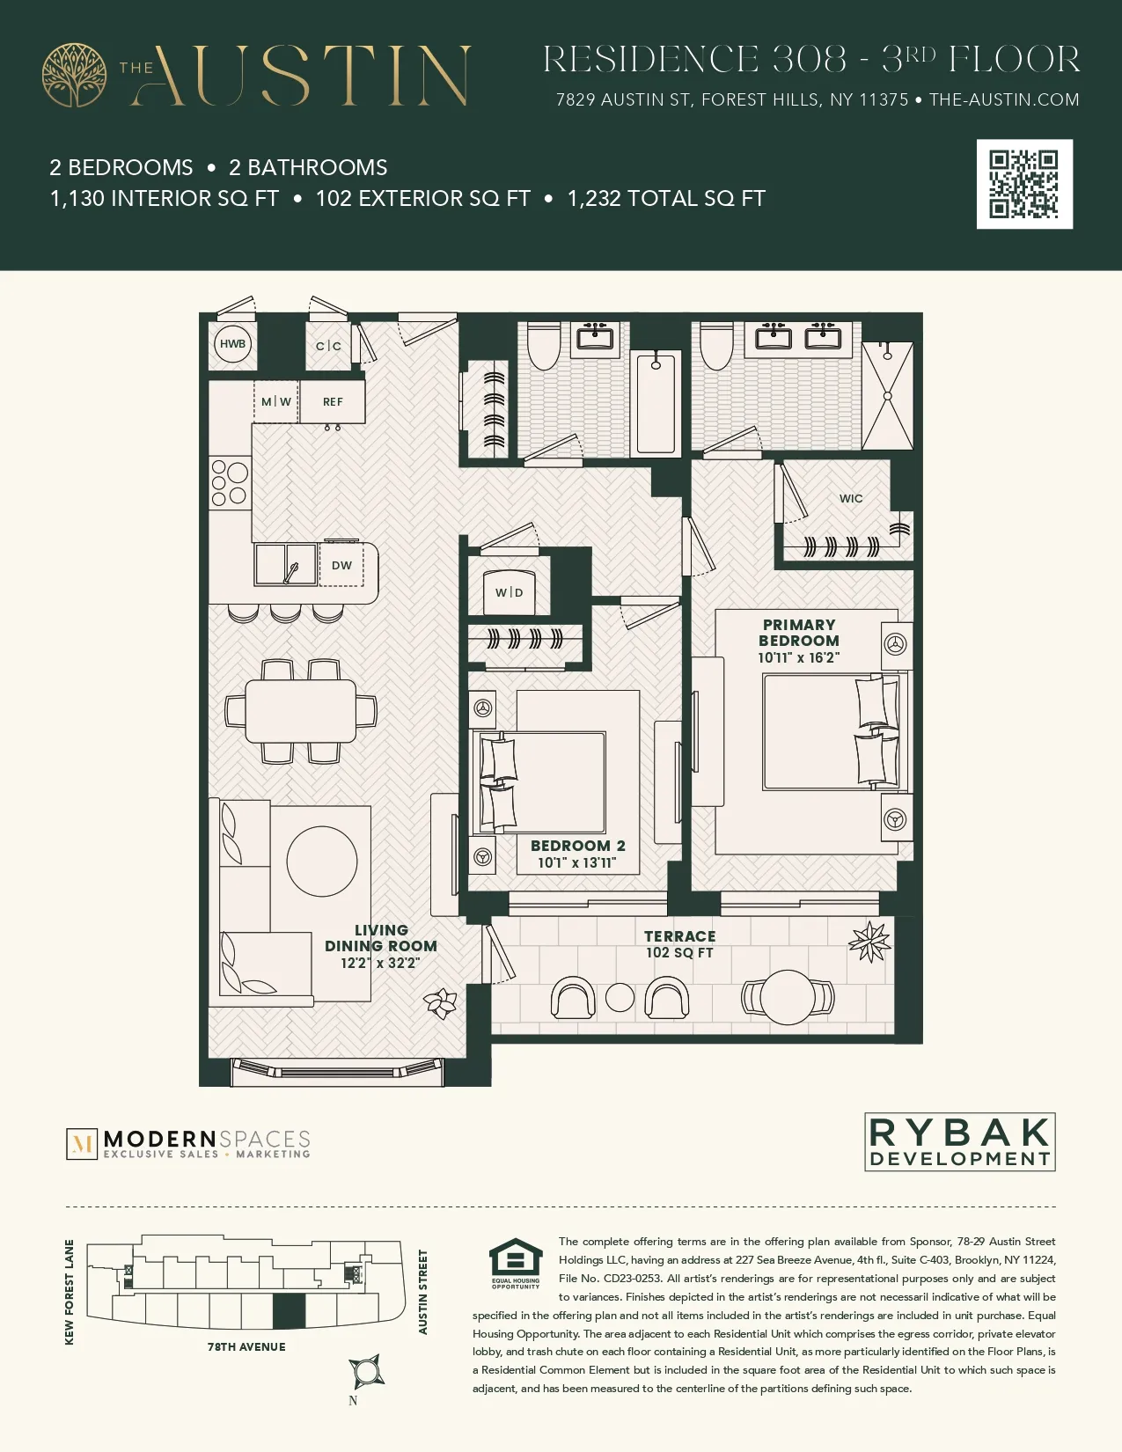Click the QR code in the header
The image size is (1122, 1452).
tap(1024, 184)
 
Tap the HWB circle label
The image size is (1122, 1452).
tap(233, 344)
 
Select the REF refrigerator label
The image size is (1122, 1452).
tap(333, 402)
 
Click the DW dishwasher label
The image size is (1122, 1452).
tap(341, 566)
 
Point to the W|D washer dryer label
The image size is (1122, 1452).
tap(509, 592)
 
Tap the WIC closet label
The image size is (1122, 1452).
tap(851, 498)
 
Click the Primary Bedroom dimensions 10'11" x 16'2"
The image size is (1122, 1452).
tap(798, 657)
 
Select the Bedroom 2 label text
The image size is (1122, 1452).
tap(577, 846)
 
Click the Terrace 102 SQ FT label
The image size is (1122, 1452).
tap(679, 944)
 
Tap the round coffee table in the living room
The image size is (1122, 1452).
tap(322, 862)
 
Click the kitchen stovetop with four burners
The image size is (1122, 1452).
tap(230, 483)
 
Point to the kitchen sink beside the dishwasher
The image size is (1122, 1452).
tap(285, 564)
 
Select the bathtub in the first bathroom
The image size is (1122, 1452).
tap(656, 402)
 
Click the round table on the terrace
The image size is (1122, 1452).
tap(788, 998)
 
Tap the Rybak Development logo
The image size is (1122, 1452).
tap(960, 1141)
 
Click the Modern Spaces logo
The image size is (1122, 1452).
tap(188, 1144)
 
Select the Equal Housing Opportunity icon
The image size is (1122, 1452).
tap(516, 1264)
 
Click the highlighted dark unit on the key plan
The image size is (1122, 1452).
tap(289, 1311)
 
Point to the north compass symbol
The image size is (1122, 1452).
tap(366, 1371)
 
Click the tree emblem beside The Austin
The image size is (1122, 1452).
tap(74, 76)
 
